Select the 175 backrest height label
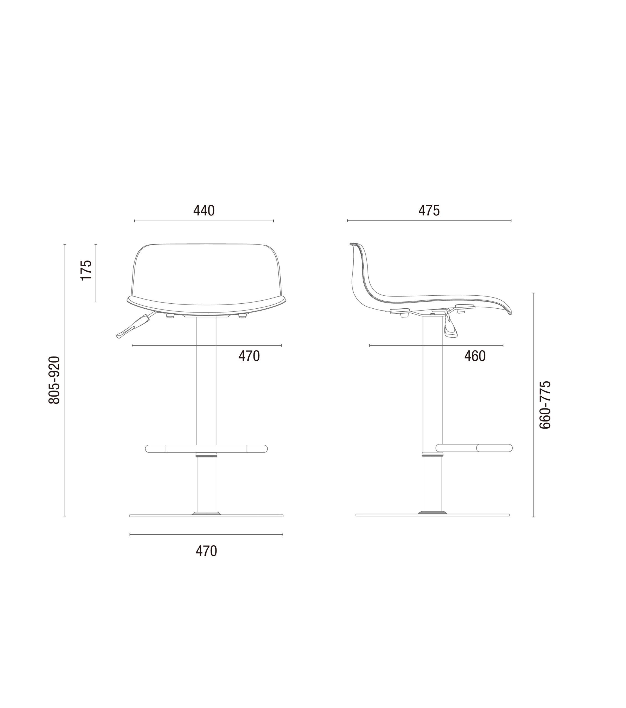click(86, 270)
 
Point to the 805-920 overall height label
click(55, 380)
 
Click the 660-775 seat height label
click(545, 405)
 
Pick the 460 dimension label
click(475, 356)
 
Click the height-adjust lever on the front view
click(135, 325)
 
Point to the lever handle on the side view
click(449, 328)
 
